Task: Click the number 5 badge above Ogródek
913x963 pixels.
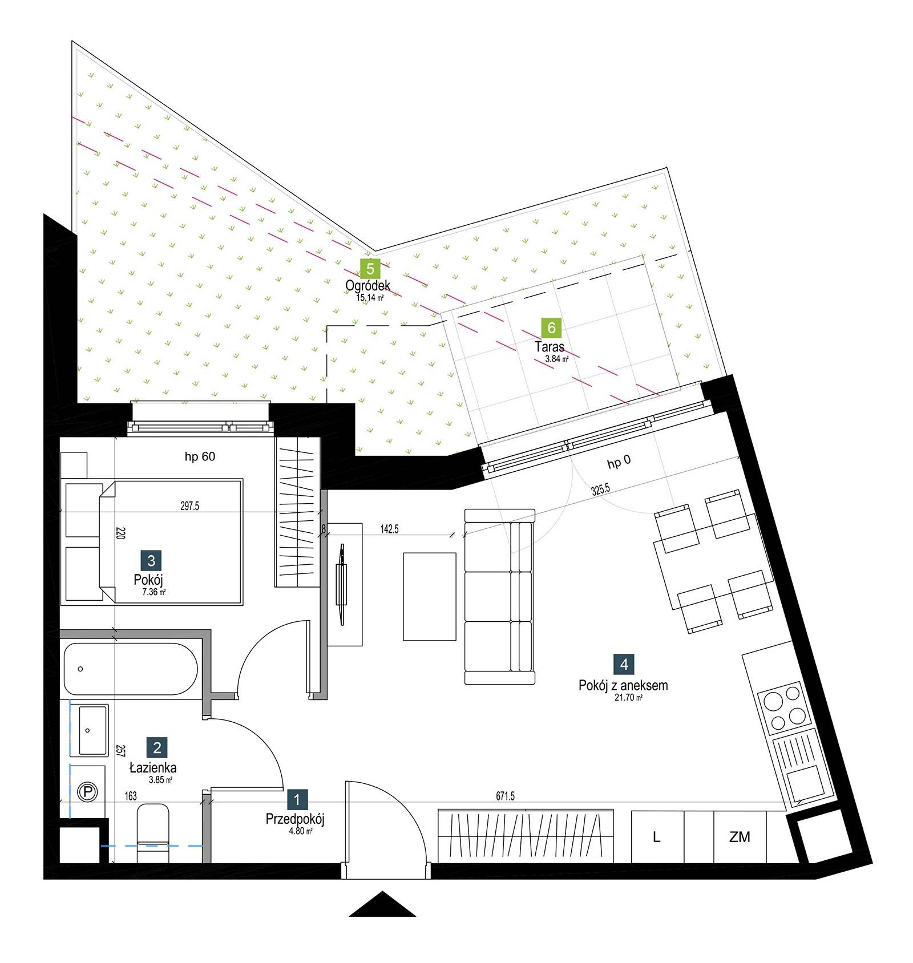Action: tap(370, 268)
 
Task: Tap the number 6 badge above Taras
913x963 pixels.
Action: tap(551, 327)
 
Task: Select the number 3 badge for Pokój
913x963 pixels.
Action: tap(151, 560)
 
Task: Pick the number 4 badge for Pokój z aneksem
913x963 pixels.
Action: tap(624, 664)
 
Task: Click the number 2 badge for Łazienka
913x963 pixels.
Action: tap(157, 747)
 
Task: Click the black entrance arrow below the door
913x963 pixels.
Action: tap(382, 904)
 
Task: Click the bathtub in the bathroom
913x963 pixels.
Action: tap(131, 669)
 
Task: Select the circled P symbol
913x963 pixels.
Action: tap(87, 792)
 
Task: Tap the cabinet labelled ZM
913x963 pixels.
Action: tap(740, 837)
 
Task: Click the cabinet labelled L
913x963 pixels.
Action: tap(657, 837)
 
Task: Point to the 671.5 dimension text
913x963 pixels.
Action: tap(506, 796)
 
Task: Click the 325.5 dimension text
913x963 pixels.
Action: tap(600, 489)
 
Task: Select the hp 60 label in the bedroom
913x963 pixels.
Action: tap(200, 456)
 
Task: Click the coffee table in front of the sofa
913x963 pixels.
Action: tap(430, 597)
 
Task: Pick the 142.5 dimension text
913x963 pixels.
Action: tap(390, 529)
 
